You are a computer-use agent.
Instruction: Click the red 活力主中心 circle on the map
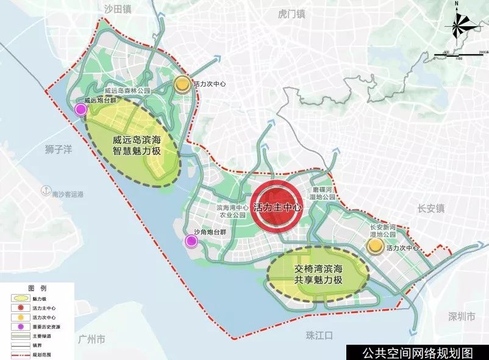(x=277, y=207)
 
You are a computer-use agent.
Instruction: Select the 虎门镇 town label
(x=290, y=12)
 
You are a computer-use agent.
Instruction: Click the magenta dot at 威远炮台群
(x=80, y=109)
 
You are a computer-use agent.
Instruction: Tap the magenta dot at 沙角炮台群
(x=191, y=242)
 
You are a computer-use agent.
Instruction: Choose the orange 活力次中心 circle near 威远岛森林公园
(x=181, y=84)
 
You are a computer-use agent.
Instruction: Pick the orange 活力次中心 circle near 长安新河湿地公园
(x=374, y=246)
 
